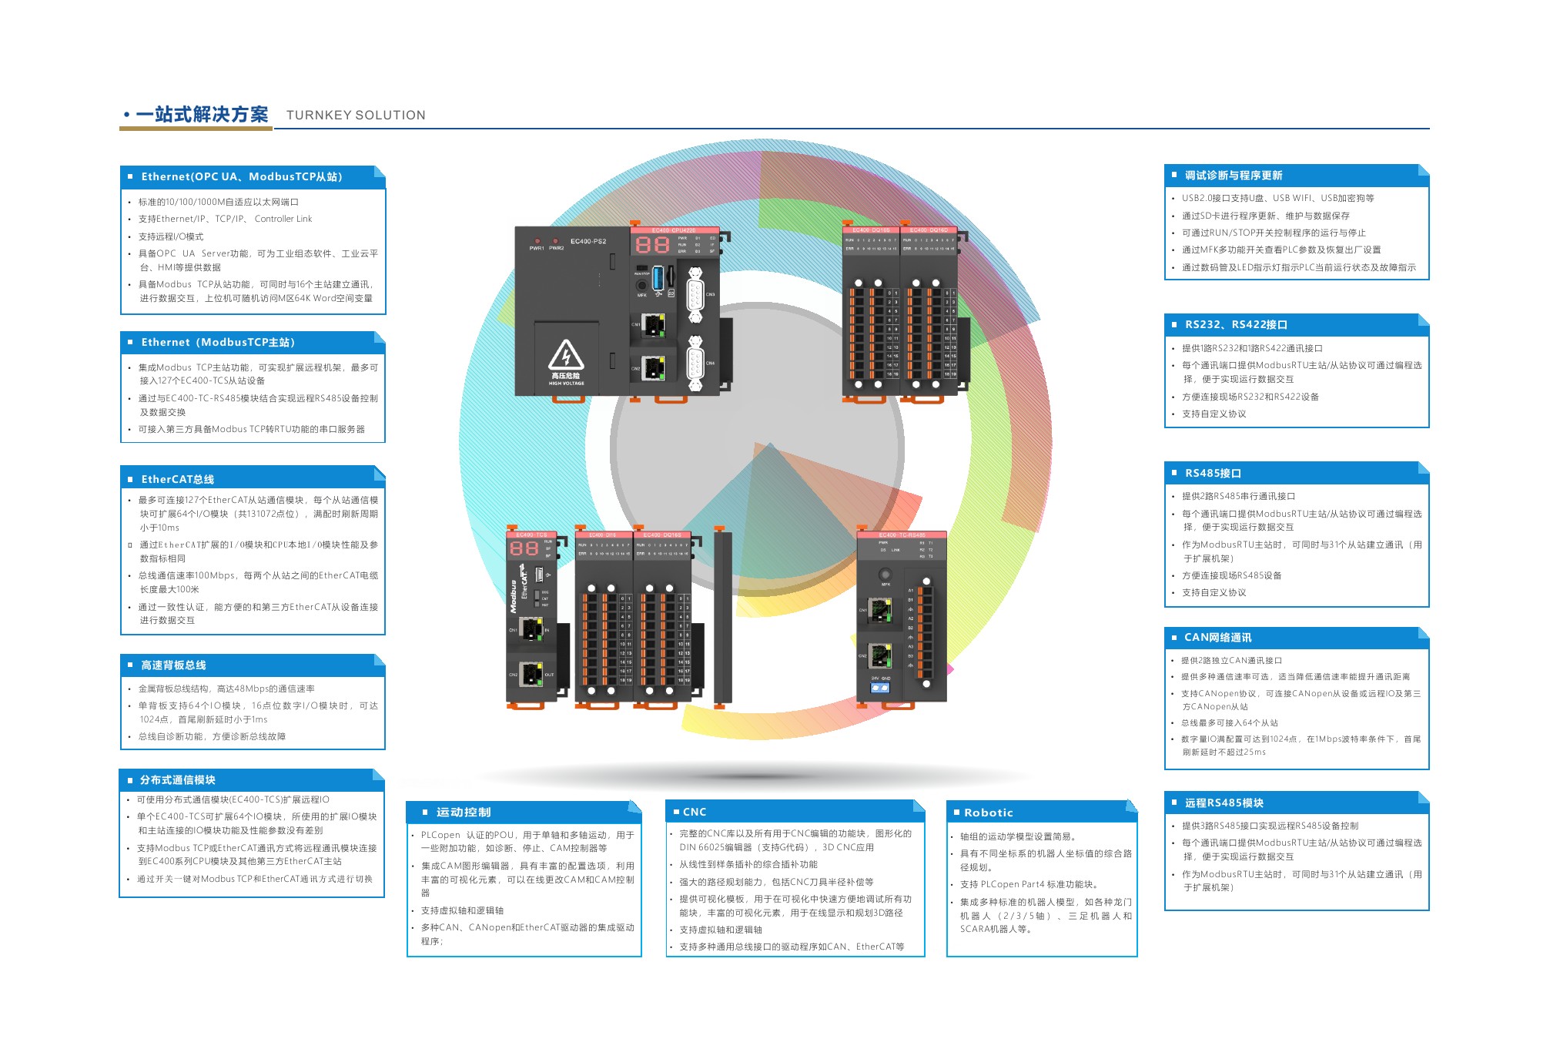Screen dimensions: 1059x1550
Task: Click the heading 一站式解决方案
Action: point(202,115)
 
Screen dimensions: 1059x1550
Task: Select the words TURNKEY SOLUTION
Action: point(356,116)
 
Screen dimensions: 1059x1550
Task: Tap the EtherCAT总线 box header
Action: point(178,479)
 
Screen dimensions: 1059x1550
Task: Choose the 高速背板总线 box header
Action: point(173,665)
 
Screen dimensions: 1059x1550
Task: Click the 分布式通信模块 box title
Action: point(178,780)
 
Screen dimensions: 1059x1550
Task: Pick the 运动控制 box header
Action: point(464,813)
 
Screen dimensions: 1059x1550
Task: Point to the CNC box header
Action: point(694,813)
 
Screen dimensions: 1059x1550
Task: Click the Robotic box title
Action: point(988,813)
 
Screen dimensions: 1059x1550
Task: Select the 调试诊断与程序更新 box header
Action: point(1234,176)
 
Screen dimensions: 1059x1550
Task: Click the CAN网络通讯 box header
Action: point(1217,638)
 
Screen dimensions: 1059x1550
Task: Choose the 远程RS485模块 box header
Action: point(1224,803)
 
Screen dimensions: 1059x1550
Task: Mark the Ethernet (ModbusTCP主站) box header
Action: point(218,343)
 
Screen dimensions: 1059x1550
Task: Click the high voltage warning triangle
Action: point(566,356)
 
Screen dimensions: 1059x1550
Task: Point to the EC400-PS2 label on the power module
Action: point(588,242)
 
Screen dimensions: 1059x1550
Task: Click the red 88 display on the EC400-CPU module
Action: point(651,245)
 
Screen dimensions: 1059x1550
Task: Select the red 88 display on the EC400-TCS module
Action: point(524,548)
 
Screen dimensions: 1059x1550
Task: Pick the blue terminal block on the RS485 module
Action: point(879,687)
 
